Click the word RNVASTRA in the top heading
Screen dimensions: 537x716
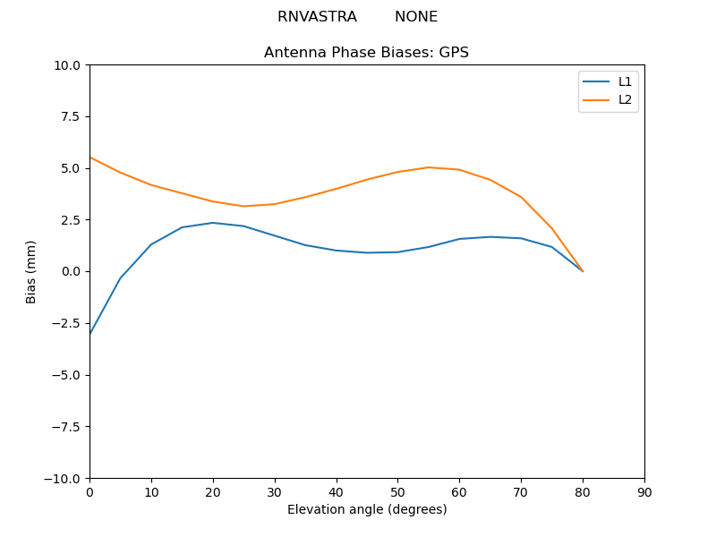317,17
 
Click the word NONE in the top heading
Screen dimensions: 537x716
416,17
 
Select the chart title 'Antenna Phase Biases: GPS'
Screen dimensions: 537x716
366,53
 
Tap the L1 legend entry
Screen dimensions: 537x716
625,81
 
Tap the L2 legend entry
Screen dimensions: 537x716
625,99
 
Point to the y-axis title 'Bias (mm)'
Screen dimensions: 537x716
31,271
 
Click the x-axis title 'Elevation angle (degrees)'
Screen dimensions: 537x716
367,509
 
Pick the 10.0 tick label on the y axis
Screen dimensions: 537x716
68,65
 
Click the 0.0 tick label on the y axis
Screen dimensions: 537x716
71,271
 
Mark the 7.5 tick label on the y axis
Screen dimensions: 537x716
71,116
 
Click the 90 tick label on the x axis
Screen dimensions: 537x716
644,491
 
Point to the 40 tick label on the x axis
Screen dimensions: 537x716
337,491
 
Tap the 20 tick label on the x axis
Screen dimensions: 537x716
213,491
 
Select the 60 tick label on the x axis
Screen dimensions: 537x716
459,491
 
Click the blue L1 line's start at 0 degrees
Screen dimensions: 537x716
90,333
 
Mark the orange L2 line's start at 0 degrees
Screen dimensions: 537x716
90,158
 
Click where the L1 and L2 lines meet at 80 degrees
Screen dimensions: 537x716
583,271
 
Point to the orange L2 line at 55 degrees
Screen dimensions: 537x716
429,167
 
